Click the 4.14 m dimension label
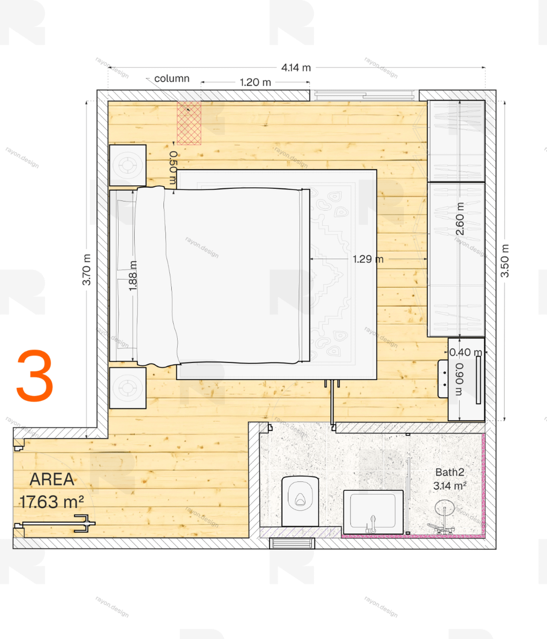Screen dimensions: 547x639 pos(296,68)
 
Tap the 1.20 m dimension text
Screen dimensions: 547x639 pos(255,83)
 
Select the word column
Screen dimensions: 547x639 pos(172,78)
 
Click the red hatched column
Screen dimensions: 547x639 pos(189,123)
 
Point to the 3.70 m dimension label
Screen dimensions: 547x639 pos(87,269)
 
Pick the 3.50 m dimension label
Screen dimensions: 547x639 pos(504,261)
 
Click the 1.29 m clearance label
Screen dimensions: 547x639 pos(368,259)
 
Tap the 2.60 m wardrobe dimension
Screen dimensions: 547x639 pos(460,219)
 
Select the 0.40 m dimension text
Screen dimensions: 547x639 pos(465,352)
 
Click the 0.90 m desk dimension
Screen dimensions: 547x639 pos(459,379)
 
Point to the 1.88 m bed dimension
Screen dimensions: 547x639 pos(133,276)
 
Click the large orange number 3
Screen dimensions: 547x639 pos(35,376)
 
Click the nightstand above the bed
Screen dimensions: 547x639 pos(128,166)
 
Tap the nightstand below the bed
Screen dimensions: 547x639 pos(128,388)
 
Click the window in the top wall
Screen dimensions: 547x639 pos(364,95)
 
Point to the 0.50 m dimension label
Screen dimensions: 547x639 pos(173,168)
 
